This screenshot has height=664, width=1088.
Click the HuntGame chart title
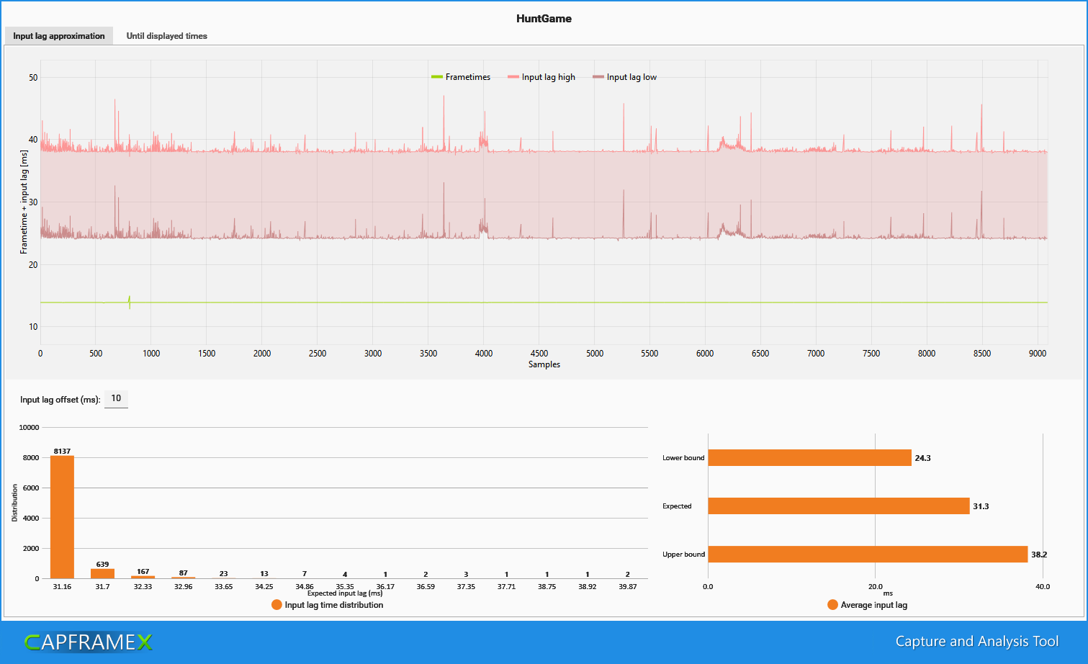point(544,19)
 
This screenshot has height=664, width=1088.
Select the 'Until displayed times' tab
point(166,36)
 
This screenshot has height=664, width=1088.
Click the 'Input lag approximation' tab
point(59,36)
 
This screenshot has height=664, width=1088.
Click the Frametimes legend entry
point(461,77)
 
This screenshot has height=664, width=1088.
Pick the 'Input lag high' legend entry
point(541,77)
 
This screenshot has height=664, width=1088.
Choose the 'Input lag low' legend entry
point(624,77)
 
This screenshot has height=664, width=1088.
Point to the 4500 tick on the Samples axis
point(539,353)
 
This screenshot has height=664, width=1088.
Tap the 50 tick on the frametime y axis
point(33,77)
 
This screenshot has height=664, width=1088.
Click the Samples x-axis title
point(544,364)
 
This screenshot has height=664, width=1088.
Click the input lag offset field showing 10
point(116,399)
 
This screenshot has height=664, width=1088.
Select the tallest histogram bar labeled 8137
point(62,517)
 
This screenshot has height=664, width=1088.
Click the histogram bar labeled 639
point(102,574)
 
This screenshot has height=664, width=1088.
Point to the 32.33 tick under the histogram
point(143,586)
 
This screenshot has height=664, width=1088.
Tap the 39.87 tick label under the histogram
point(628,586)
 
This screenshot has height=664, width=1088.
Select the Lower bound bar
point(809,457)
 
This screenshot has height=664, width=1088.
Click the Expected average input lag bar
point(839,506)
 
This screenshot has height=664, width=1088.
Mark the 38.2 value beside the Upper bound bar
point(1039,555)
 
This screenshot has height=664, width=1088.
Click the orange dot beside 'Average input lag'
point(832,605)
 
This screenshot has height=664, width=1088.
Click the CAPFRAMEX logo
point(89,642)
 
